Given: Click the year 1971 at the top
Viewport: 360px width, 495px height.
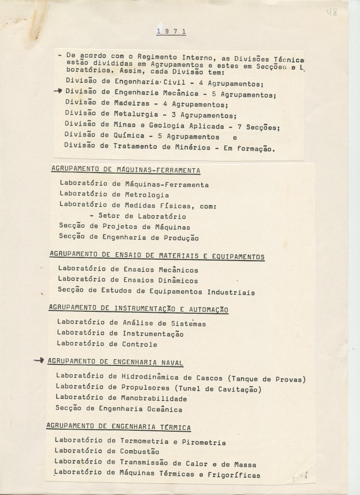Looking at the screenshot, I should (171, 32).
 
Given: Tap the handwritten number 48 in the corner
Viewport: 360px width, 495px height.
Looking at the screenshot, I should (332, 12).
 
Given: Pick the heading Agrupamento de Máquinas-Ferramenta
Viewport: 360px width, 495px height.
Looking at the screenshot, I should (125, 170).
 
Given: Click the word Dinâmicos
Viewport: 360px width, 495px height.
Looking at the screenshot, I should (179, 280).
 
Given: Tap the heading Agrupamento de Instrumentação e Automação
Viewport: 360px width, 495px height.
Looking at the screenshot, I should (138, 309).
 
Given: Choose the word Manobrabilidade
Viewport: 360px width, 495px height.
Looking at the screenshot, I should (154, 399).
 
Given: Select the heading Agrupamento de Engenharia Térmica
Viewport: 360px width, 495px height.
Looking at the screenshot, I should (118, 427).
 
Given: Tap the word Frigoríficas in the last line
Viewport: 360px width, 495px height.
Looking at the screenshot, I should (234, 475).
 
